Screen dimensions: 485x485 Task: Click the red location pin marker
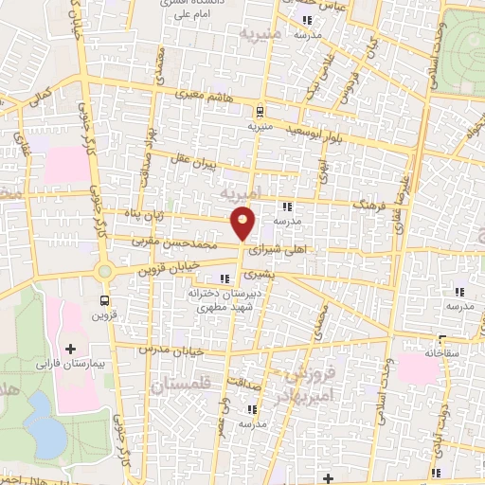pos(243,223)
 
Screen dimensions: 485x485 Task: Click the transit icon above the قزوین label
pos(104,298)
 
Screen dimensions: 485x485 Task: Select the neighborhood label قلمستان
pos(181,385)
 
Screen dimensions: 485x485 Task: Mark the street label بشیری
pos(259,274)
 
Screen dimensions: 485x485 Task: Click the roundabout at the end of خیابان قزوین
pos(104,272)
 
